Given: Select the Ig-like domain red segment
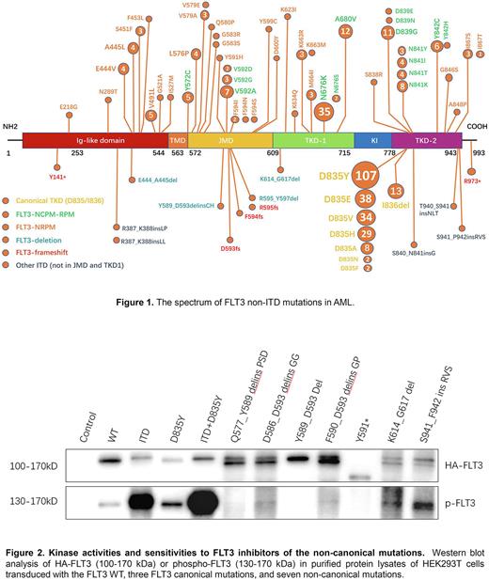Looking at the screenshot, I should click(x=94, y=139).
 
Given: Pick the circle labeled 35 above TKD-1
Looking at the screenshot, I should click(x=323, y=111).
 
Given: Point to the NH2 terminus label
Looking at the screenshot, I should click(x=11, y=124).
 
